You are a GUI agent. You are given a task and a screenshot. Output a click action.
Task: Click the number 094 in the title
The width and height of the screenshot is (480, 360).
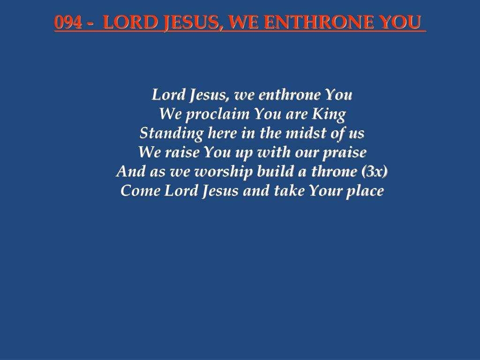point(66,22)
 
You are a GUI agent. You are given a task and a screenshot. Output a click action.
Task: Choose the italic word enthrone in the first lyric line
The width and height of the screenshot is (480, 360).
point(290,95)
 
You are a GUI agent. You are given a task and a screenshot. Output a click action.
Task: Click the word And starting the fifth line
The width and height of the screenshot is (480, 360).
point(131,172)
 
